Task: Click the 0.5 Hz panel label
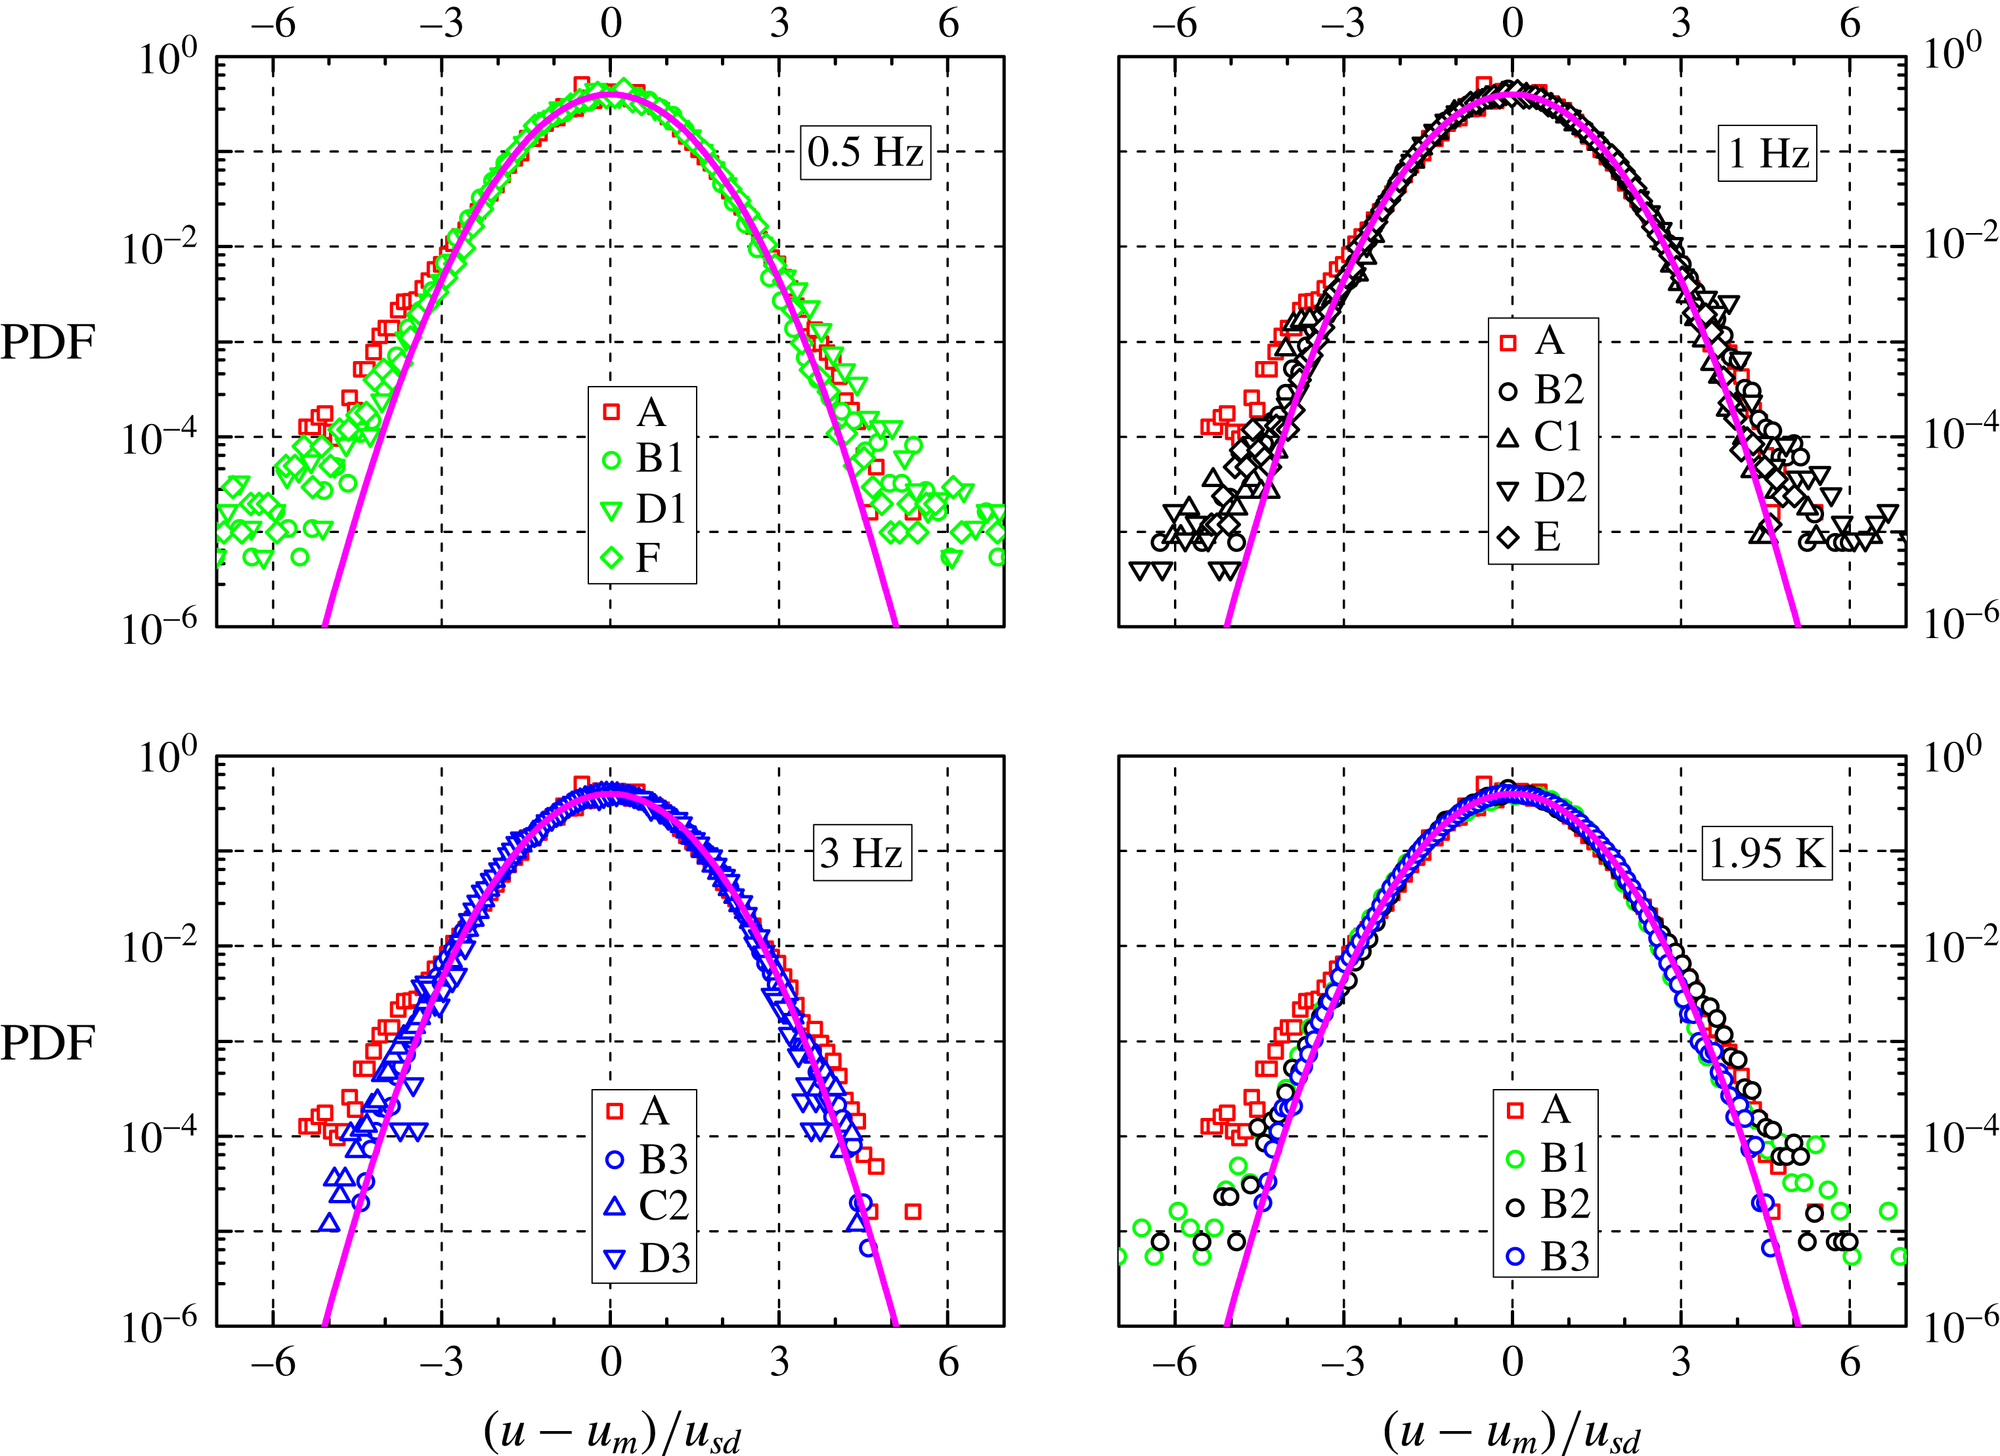865,152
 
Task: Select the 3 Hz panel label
861,853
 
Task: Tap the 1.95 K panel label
1766,853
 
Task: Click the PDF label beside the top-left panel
48,342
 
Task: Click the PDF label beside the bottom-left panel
48,1043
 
